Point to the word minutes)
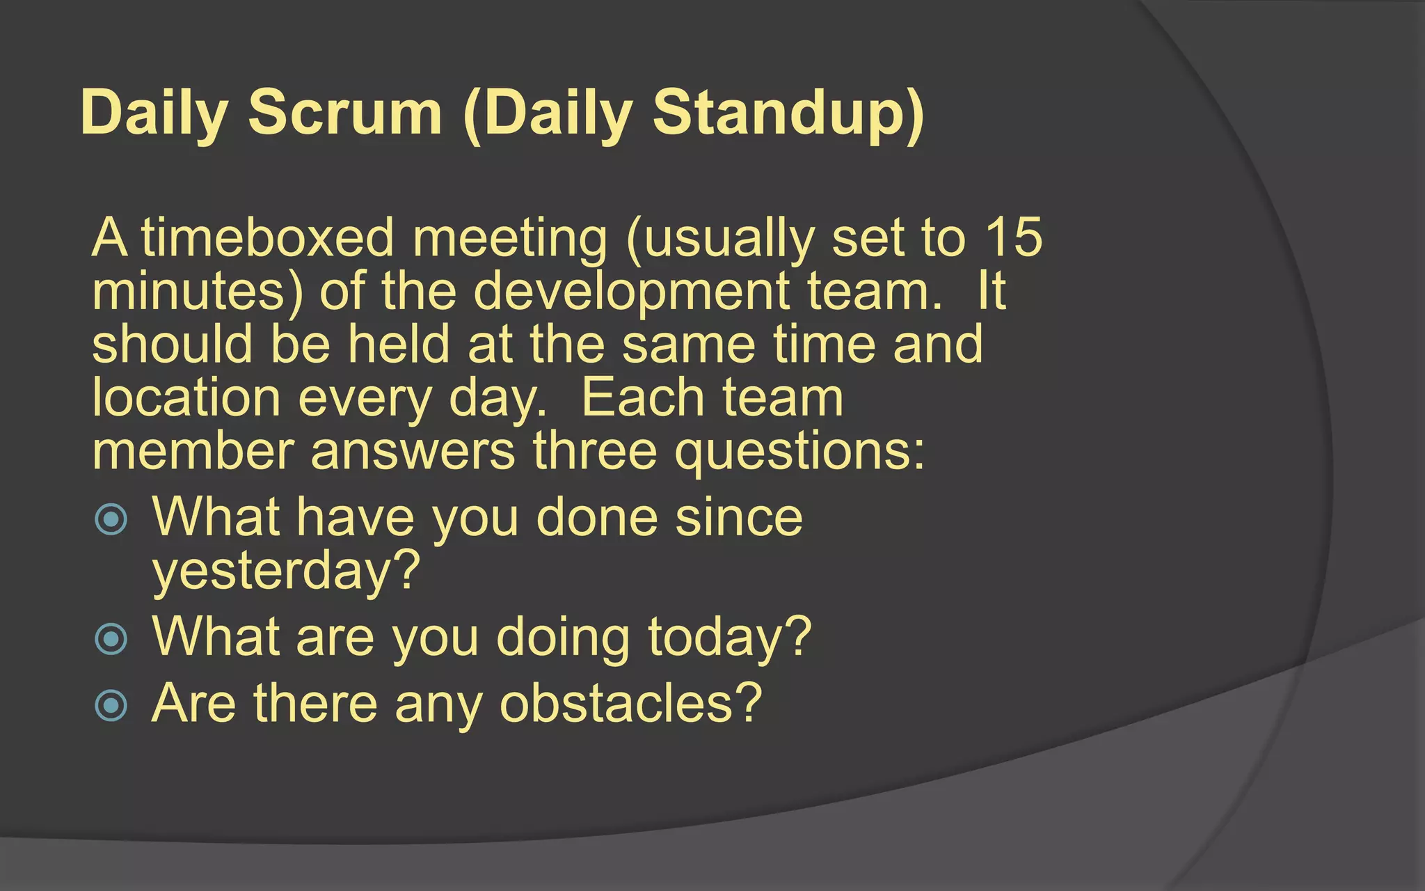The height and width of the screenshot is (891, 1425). point(198,291)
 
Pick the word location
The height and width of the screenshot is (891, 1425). point(186,398)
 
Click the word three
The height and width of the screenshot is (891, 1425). point(595,451)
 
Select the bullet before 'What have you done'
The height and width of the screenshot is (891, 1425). point(111,519)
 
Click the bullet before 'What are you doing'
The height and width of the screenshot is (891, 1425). point(111,638)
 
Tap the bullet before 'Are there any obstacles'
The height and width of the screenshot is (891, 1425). point(111,705)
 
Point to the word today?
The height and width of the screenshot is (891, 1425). point(730,638)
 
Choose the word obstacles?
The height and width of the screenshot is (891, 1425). point(630,703)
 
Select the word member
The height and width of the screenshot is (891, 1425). point(193,451)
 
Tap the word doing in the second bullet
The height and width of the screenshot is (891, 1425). point(563,638)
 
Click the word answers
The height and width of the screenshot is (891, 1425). point(413,451)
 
